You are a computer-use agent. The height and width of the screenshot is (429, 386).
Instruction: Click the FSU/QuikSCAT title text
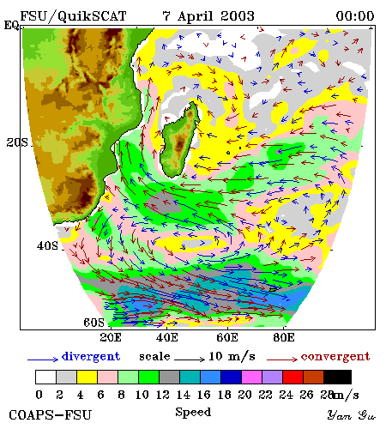[73, 16]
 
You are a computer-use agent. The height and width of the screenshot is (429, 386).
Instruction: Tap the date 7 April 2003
[208, 16]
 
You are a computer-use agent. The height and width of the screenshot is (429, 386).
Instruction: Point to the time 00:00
[355, 16]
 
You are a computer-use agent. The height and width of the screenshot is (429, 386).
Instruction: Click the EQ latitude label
[11, 25]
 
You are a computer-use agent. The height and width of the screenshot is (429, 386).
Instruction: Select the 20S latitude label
[17, 142]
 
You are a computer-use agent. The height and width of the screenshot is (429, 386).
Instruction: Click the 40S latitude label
[47, 245]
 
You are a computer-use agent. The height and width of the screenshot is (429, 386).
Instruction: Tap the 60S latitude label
[94, 323]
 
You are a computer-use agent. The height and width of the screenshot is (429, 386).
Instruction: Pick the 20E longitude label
[111, 337]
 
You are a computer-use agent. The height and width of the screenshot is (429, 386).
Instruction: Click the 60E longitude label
[227, 337]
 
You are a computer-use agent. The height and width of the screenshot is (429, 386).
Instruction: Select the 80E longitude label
[284, 337]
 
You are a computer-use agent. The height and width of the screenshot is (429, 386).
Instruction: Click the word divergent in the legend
[91, 357]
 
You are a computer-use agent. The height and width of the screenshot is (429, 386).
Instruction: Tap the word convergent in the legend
[335, 357]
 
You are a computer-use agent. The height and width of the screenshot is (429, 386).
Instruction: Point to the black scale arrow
[190, 359]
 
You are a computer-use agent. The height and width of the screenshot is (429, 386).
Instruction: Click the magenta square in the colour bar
[252, 377]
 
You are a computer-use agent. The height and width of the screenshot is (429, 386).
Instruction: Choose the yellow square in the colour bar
[87, 377]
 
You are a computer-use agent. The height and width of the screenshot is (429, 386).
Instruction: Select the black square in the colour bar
[337, 377]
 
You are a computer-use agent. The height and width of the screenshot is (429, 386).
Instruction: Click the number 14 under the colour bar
[183, 395]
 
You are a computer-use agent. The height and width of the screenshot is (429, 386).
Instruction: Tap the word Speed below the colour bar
[193, 413]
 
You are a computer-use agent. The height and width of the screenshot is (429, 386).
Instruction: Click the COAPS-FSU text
[51, 415]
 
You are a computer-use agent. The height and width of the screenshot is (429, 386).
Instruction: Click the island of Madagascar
[180, 141]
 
